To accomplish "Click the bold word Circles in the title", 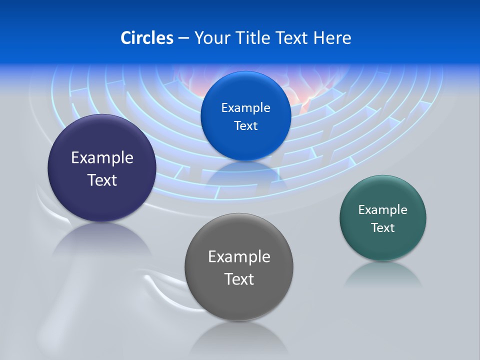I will (x=146, y=38).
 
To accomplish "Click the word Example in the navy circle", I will (x=102, y=158).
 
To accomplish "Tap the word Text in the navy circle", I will (x=102, y=180).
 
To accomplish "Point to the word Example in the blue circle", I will (x=245, y=108).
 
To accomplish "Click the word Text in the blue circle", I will (x=245, y=125).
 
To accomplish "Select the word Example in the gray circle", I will (x=239, y=257).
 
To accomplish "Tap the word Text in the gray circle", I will (x=239, y=279).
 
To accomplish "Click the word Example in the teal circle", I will (x=383, y=210).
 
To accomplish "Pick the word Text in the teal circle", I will (x=383, y=228).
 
